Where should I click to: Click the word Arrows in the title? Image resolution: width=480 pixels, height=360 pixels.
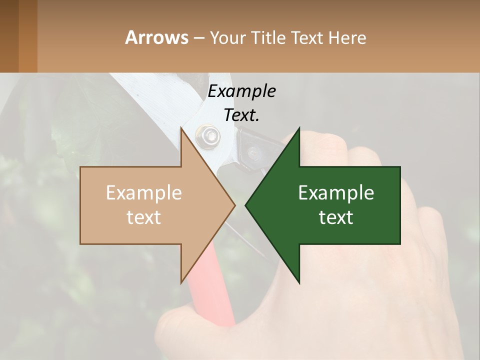[156, 37]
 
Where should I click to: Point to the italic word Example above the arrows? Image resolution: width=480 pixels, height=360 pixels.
[241, 91]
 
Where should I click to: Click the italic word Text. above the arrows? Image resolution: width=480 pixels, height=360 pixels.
[241, 115]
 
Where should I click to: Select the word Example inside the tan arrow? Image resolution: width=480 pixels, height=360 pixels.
[143, 192]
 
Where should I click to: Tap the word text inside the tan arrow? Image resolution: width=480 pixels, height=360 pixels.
[143, 217]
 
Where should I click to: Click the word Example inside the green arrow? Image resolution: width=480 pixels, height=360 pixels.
[336, 192]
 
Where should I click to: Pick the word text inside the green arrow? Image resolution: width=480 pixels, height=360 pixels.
[336, 217]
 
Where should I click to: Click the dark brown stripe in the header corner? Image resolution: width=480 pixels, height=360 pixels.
[9, 36]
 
